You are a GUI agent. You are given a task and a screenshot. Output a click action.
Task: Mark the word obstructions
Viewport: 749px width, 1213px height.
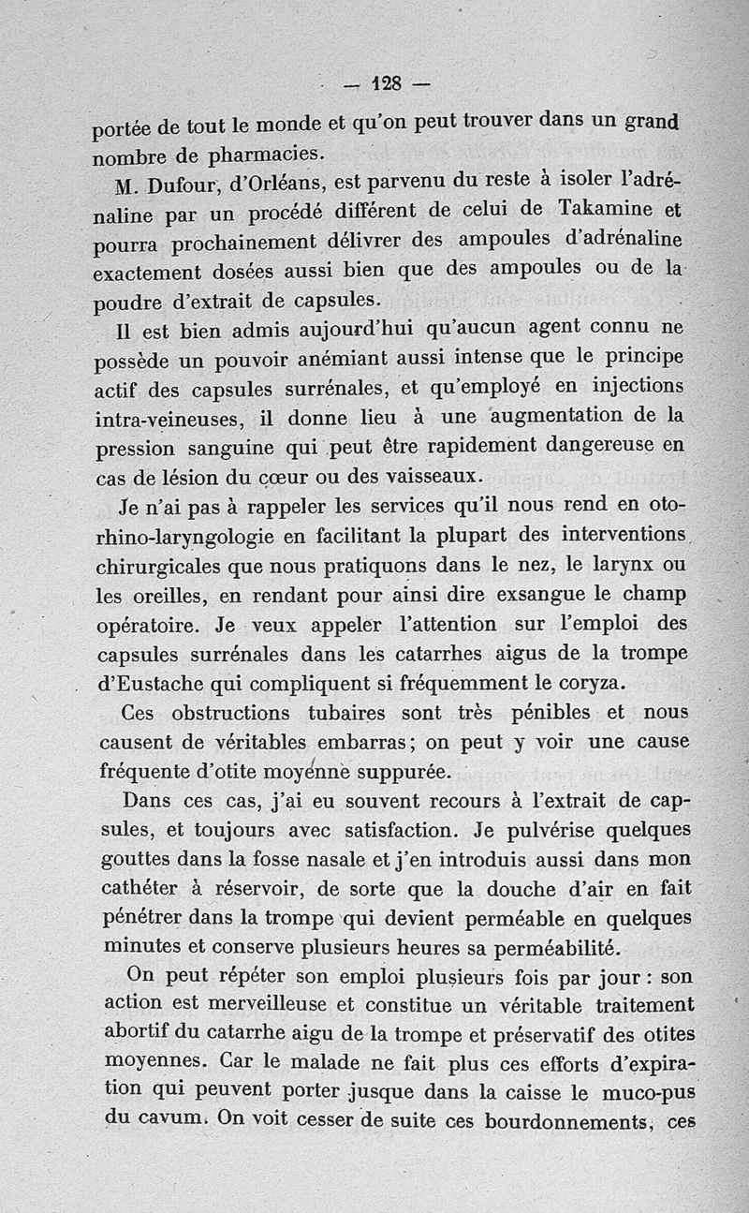click(x=236, y=713)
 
